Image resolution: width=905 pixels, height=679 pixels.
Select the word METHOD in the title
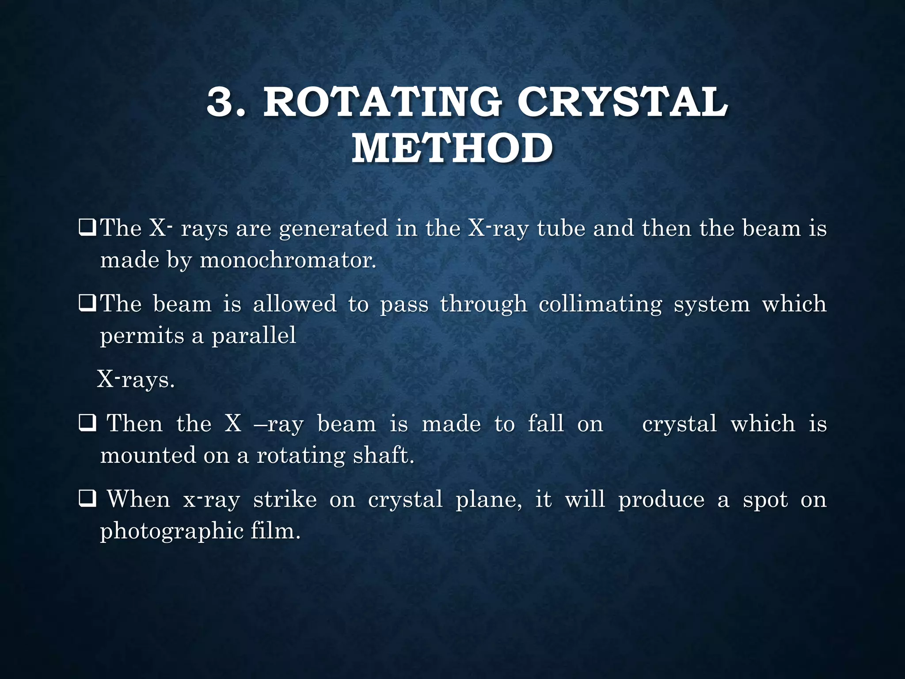point(452,149)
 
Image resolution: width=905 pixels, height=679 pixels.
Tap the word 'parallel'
point(254,335)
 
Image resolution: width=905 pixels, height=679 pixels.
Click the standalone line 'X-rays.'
point(136,380)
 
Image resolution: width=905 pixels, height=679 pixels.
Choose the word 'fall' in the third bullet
point(546,423)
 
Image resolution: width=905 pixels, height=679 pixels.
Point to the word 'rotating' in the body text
point(300,456)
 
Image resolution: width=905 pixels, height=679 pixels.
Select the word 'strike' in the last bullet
point(285,500)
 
